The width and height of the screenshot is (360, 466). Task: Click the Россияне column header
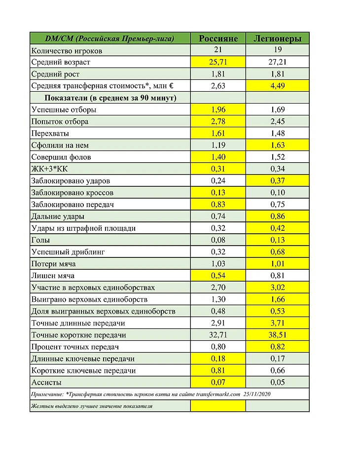[x=217, y=38]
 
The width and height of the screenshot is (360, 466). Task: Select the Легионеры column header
[x=277, y=38]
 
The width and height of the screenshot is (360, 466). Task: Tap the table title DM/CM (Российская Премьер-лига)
[x=109, y=38]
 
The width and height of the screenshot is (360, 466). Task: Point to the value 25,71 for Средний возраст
[x=217, y=62]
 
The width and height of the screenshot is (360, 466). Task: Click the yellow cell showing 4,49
[x=277, y=86]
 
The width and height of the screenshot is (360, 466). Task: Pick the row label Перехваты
[x=50, y=134]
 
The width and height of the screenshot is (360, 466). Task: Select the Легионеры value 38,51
[x=277, y=335]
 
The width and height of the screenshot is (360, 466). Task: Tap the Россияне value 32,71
[x=217, y=335]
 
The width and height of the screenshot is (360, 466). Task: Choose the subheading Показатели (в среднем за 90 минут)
[x=110, y=98]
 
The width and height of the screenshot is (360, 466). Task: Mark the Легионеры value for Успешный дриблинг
[x=277, y=252]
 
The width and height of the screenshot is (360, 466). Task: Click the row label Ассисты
[x=46, y=382]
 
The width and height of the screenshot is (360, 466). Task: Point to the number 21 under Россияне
[x=217, y=50]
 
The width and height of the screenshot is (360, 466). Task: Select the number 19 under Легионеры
[x=277, y=50]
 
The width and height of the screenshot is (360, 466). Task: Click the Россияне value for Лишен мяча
[x=217, y=276]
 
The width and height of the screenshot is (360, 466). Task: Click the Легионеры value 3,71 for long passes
[x=277, y=323]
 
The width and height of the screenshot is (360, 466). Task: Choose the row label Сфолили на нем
[x=60, y=145]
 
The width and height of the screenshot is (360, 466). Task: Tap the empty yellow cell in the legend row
[x=217, y=406]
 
